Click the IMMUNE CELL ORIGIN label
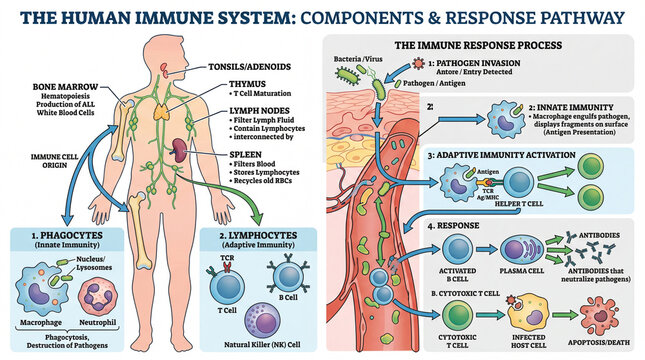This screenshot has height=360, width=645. (x=36, y=163)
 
